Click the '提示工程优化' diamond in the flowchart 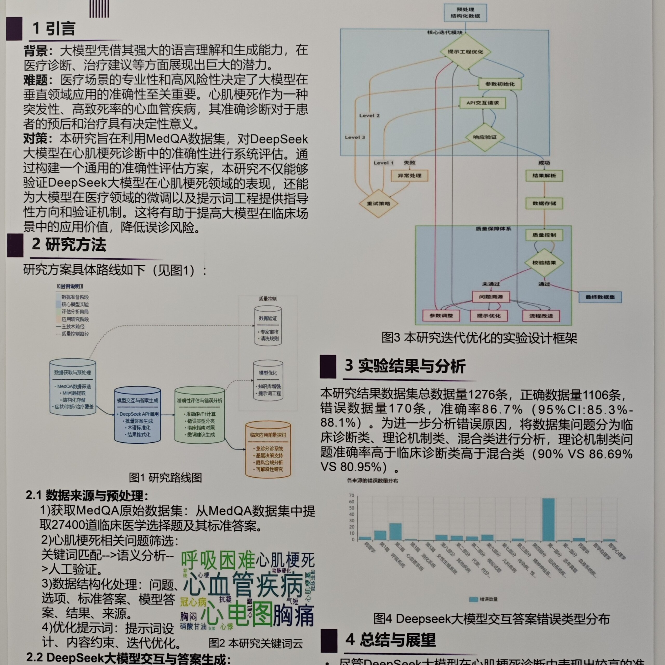(x=465, y=52)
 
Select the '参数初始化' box (x=500, y=84)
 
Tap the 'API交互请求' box (x=483, y=103)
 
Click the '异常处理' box (x=410, y=176)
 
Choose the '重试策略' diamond (x=378, y=203)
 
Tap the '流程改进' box (x=541, y=316)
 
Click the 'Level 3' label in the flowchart (x=355, y=137)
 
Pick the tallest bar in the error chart (x=548, y=520)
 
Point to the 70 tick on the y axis (x=351, y=495)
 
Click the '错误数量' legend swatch (x=473, y=599)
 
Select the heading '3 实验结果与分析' (x=405, y=366)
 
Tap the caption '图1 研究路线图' (x=165, y=478)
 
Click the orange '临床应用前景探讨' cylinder (x=268, y=450)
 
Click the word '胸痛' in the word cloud (x=293, y=616)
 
